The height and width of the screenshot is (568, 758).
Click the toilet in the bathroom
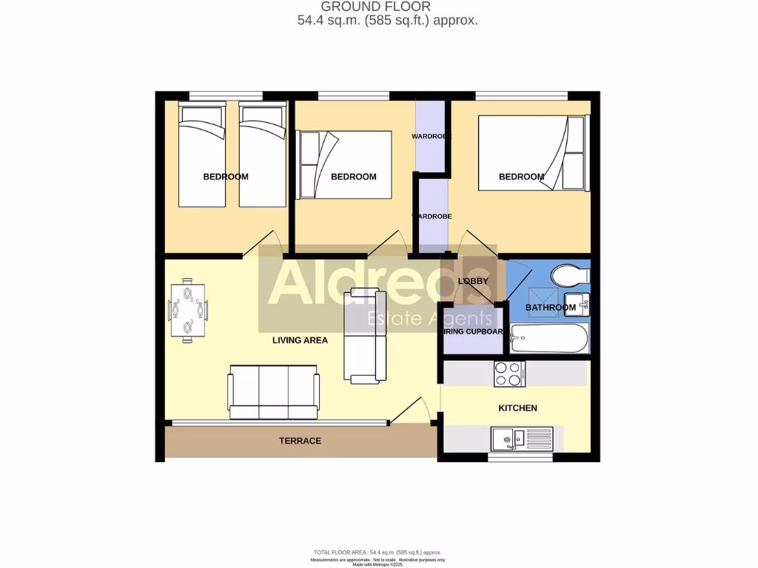[571, 276]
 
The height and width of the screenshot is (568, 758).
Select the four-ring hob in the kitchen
[509, 373]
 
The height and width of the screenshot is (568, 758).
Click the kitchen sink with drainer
[512, 439]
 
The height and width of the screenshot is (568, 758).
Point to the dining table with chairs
[188, 309]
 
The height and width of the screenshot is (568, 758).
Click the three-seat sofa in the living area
[273, 392]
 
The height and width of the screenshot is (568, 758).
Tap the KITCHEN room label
[517, 408]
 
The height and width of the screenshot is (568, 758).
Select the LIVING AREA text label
[300, 340]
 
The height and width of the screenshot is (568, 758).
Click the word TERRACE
[300, 441]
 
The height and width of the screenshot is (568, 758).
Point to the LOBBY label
[472, 281]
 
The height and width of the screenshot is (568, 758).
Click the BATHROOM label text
[550, 308]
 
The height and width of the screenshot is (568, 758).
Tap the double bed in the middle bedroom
[344, 165]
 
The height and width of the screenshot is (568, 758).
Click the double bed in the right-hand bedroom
[533, 153]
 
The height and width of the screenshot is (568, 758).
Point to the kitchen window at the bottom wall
[520, 458]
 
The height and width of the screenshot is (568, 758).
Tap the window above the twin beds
[226, 95]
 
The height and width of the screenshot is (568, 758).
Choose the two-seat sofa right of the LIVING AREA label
[366, 336]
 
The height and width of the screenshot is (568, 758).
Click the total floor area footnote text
[378, 552]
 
